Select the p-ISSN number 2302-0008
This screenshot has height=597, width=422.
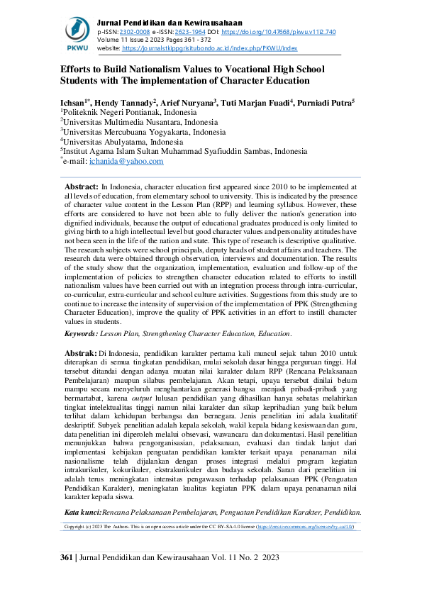pyautogui.click(x=134, y=32)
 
